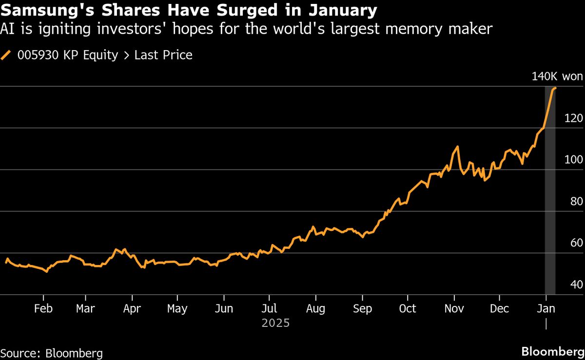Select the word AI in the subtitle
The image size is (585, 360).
pos(8,30)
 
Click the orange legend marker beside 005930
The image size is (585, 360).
pos(6,56)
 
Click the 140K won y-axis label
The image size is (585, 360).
pos(556,76)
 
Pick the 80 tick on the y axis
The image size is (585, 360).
pos(577,202)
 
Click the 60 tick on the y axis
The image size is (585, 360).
pos(577,243)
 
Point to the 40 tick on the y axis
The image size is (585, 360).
pos(577,284)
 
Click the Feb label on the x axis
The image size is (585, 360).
pos(43,309)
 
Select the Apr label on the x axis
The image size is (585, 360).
pos(132,309)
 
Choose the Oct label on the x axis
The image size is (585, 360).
pos(407,309)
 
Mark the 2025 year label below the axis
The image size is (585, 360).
pos(275,323)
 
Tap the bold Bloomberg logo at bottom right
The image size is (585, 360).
pos(553,352)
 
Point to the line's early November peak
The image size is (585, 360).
pos(457,146)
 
